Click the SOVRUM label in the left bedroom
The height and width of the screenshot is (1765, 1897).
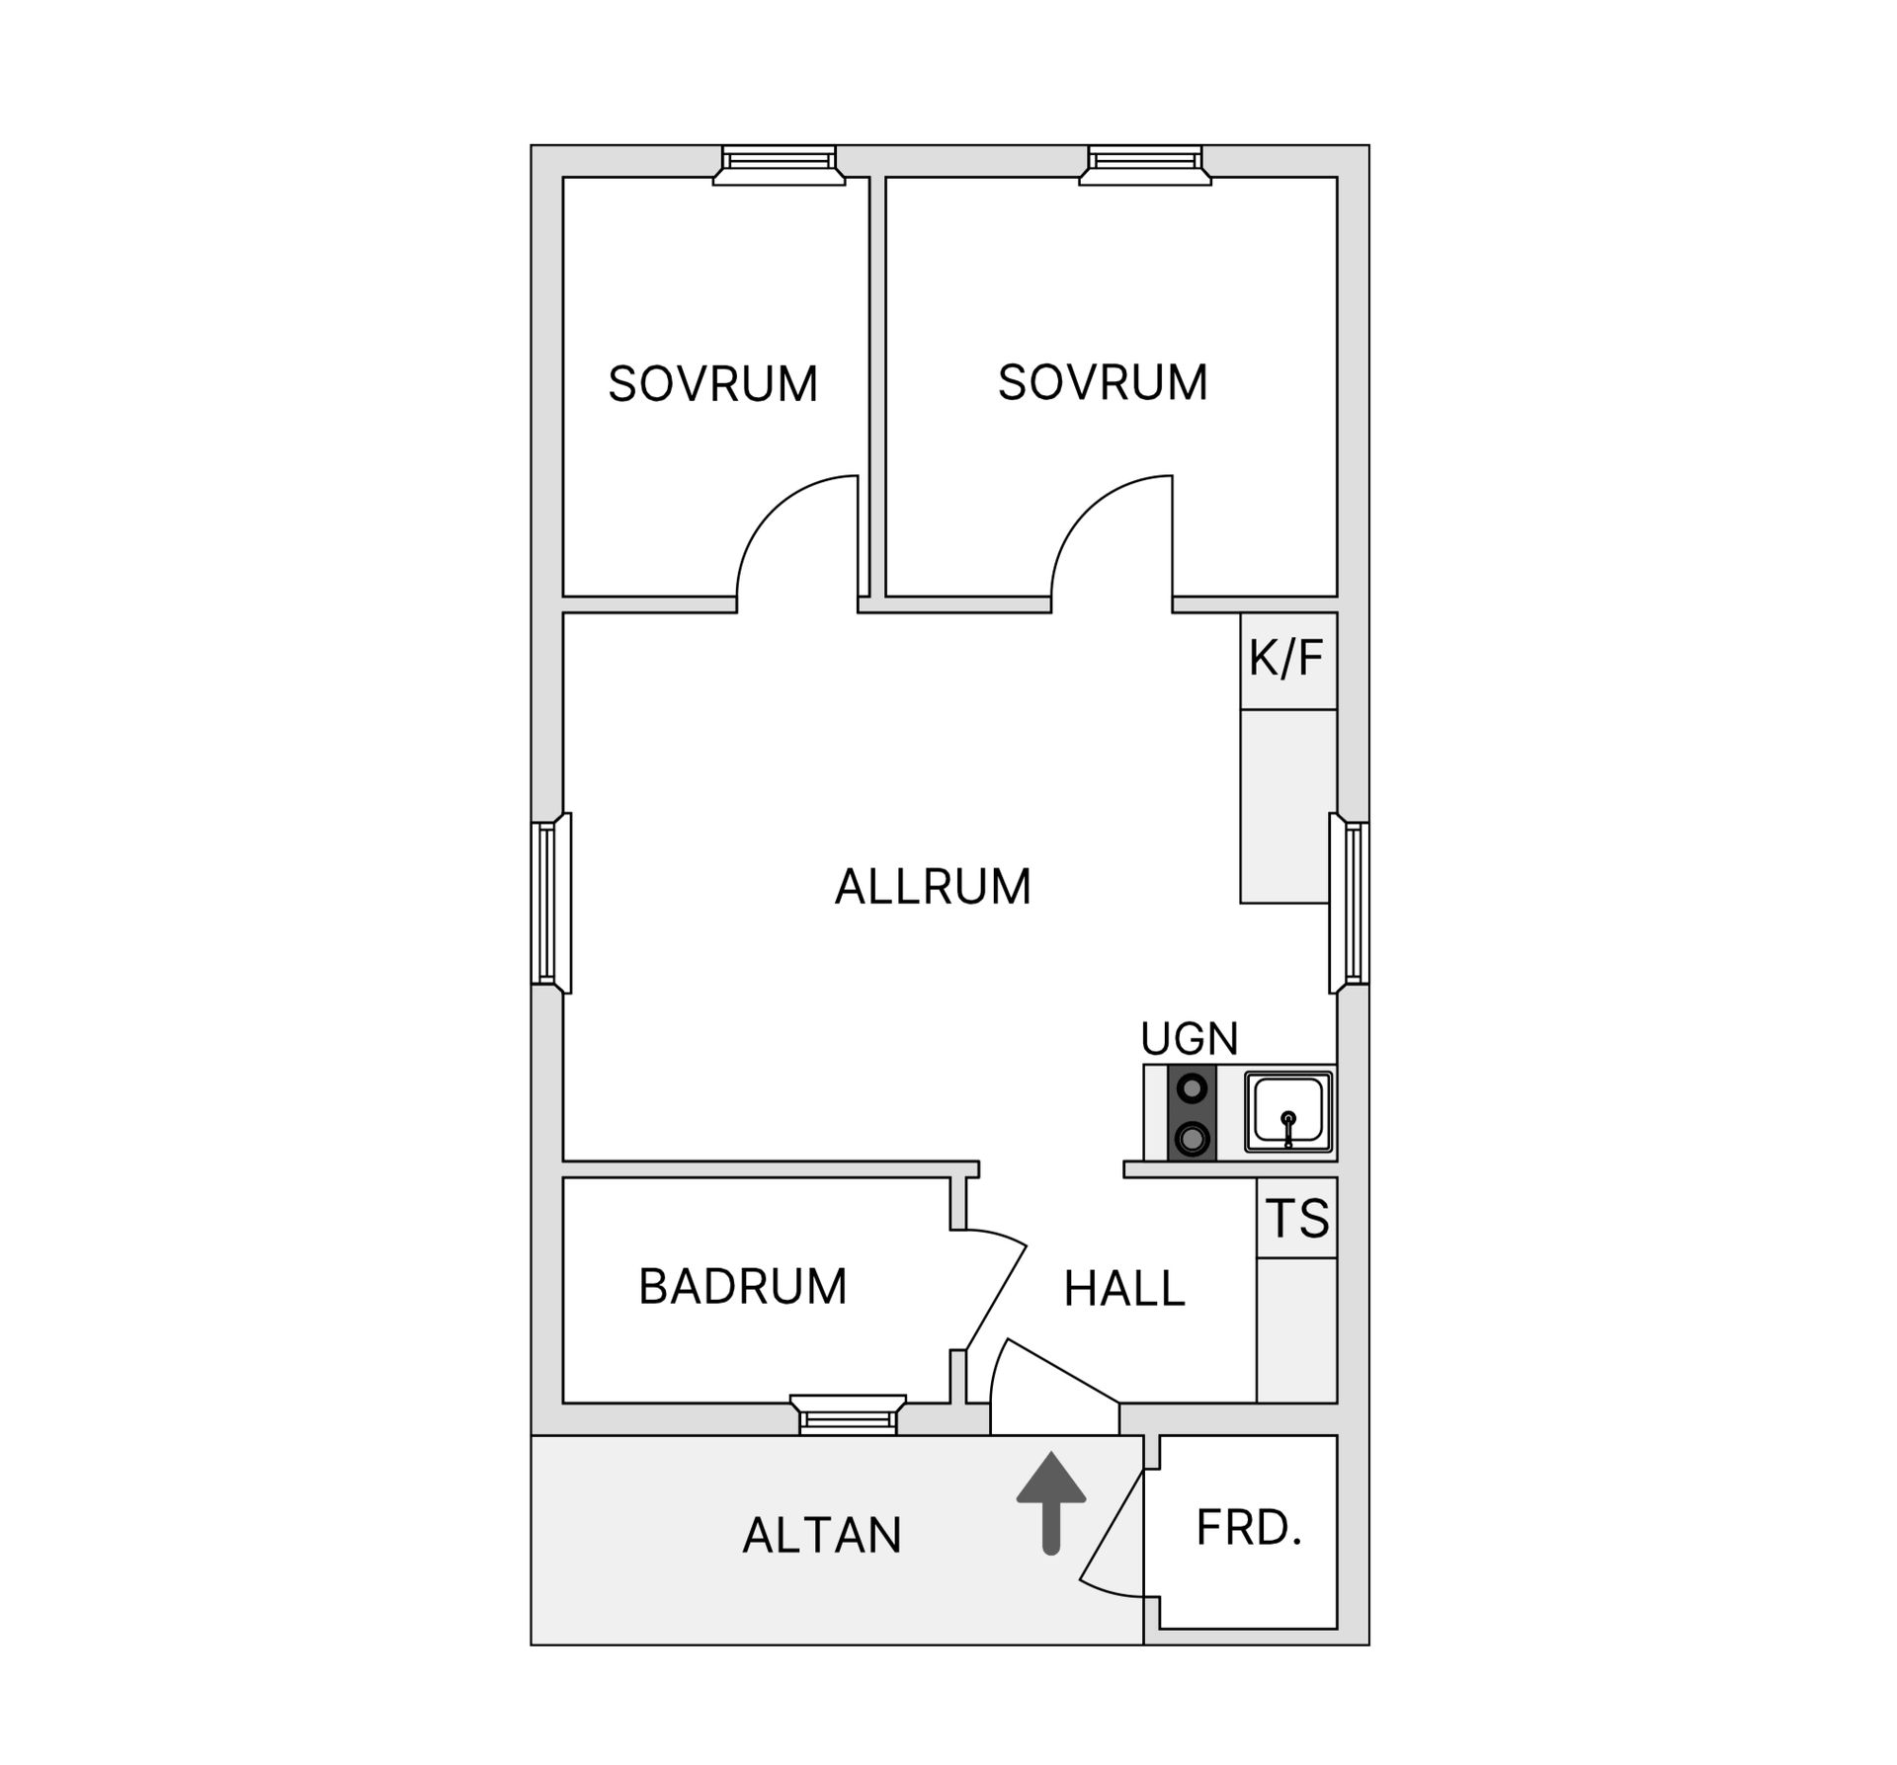tap(712, 384)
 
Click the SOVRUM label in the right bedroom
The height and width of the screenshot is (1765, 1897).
tap(1103, 382)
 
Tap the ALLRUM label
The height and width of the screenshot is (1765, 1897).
tap(933, 886)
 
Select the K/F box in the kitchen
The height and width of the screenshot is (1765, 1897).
tap(1287, 660)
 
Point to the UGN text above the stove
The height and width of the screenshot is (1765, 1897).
tap(1189, 1038)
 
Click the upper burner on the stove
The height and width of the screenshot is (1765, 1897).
tap(1193, 1088)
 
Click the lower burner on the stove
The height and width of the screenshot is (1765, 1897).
tap(1193, 1139)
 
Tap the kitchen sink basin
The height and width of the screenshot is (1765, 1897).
tap(1287, 1111)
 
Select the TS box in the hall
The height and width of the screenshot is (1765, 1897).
tap(1296, 1218)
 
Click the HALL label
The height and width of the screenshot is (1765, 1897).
tap(1124, 1289)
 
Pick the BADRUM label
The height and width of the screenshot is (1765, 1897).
tap(743, 1286)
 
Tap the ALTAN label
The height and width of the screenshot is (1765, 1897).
tap(822, 1535)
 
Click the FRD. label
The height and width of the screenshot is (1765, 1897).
tap(1249, 1528)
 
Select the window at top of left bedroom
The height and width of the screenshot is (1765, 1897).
tap(780, 164)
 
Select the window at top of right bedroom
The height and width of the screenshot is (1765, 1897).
tap(1145, 164)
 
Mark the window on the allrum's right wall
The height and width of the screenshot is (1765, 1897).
tap(1351, 903)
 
